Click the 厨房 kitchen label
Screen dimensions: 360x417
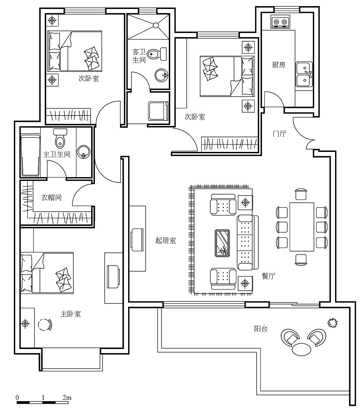point(278,65)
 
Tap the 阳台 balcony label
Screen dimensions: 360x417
point(261,329)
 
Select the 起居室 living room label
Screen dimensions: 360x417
point(166,240)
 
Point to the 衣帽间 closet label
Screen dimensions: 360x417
point(51,198)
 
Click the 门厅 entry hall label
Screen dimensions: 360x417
point(279,134)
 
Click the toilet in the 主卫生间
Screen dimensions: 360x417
point(60,138)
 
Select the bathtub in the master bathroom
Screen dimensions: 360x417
point(31,155)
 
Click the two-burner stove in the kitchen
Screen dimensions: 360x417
point(280,22)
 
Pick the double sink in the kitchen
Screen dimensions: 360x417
point(304,74)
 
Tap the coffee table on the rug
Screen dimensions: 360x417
point(222,243)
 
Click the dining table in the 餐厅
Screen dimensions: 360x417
point(301,227)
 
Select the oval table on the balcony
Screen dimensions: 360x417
point(301,349)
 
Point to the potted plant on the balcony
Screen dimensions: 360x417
point(332,323)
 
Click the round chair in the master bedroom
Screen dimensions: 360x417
point(45,325)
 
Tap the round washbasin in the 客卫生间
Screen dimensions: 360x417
point(161,75)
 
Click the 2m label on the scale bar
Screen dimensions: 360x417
point(67,398)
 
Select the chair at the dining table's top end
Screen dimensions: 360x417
point(301,194)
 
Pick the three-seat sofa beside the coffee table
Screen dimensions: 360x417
point(248,243)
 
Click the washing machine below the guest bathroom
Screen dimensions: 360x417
point(158,110)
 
